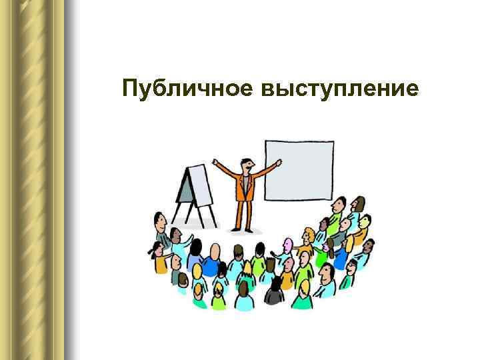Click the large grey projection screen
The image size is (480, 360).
[x=299, y=170]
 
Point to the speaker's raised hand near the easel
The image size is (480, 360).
[x=215, y=162]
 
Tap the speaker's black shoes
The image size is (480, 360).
[x=242, y=231]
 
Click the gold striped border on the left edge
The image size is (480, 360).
[x=33, y=180]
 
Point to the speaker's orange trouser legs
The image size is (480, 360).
[x=243, y=213]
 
